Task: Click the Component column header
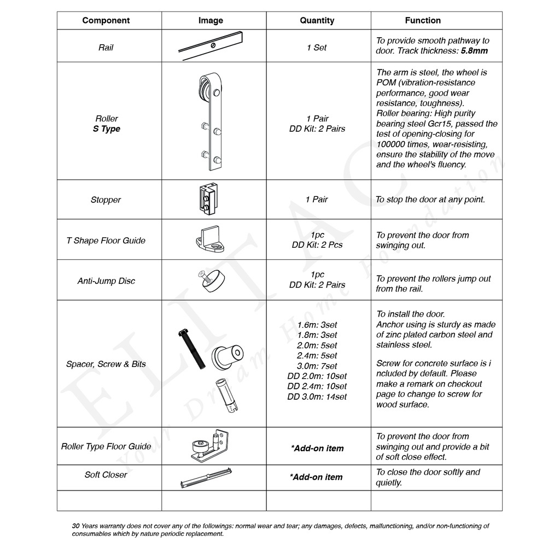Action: (x=106, y=21)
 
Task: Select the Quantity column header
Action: (x=317, y=21)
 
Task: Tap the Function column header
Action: (x=423, y=21)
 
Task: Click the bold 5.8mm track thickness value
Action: (x=474, y=51)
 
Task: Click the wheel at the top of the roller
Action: (x=204, y=88)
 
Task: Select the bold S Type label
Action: (x=107, y=129)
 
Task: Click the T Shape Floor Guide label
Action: (x=106, y=241)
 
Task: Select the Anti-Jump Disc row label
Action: (x=106, y=281)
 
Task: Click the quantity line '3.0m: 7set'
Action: (x=317, y=366)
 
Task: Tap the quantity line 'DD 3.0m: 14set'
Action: (x=317, y=397)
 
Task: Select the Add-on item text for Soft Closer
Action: (x=316, y=477)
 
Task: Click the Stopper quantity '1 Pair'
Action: (x=317, y=200)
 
